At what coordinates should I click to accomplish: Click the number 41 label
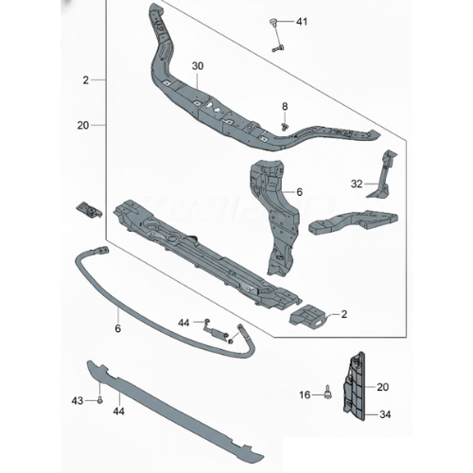pyautogui.click(x=302, y=22)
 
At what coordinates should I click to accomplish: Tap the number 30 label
pyautogui.click(x=198, y=66)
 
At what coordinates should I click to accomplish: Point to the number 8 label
pyautogui.click(x=285, y=107)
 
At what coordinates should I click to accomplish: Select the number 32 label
pyautogui.click(x=357, y=184)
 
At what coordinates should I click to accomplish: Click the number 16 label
pyautogui.click(x=305, y=394)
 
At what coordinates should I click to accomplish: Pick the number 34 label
pyautogui.click(x=385, y=414)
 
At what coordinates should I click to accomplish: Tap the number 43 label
pyautogui.click(x=78, y=401)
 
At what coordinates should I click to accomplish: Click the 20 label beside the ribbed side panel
pyautogui.click(x=383, y=387)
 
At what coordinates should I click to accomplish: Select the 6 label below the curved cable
pyautogui.click(x=117, y=328)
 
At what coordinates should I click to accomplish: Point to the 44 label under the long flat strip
pyautogui.click(x=118, y=412)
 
